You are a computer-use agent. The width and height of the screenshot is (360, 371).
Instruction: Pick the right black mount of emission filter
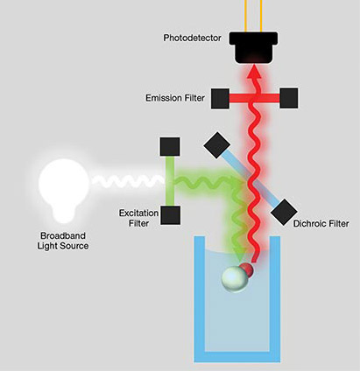click(x=290, y=96)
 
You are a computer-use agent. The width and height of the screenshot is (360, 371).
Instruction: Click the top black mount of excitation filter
click(x=170, y=145)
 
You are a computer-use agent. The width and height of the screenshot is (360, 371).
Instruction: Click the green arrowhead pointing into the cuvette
click(x=236, y=256)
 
